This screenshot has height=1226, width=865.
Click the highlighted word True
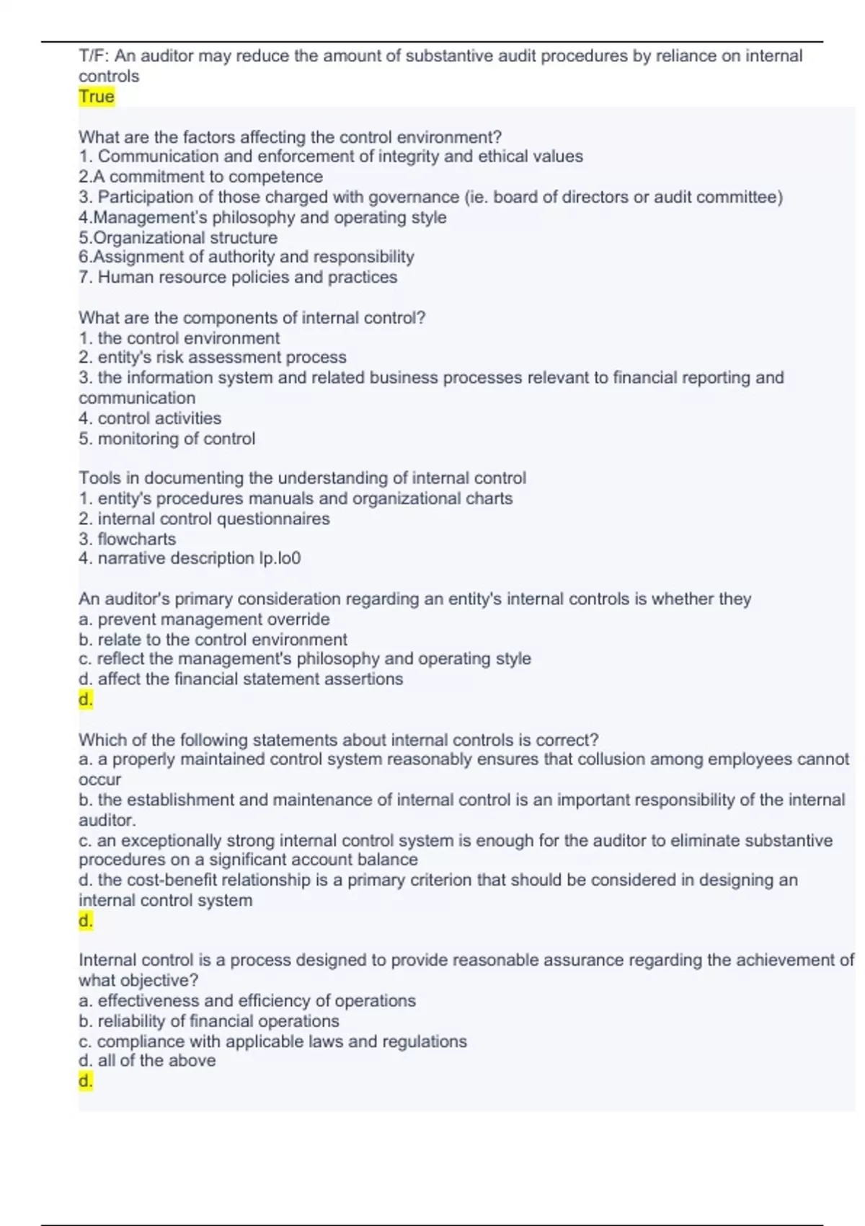[96, 97]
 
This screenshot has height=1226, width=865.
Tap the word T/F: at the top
[94, 56]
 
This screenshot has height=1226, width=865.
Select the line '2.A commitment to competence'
[200, 177]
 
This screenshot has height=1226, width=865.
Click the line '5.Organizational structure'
[177, 237]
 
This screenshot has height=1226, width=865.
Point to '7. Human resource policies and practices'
[238, 277]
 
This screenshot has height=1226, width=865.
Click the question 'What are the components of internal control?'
[252, 318]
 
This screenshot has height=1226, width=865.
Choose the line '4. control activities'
[150, 418]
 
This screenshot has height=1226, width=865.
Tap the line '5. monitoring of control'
[167, 438]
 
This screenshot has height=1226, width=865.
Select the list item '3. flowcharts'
[127, 539]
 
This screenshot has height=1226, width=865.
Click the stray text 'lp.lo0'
[280, 558]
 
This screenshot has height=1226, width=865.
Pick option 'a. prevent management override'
[204, 619]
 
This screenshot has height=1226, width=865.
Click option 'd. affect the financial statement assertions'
[241, 679]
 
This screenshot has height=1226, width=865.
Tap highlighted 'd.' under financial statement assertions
[86, 700]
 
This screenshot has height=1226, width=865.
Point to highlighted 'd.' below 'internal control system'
[86, 921]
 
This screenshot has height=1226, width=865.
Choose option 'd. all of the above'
[147, 1060]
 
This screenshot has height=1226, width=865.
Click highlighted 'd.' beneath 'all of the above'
[86, 1081]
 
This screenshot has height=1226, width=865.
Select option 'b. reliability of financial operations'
[209, 1021]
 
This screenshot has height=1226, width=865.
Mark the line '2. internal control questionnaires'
[204, 519]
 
